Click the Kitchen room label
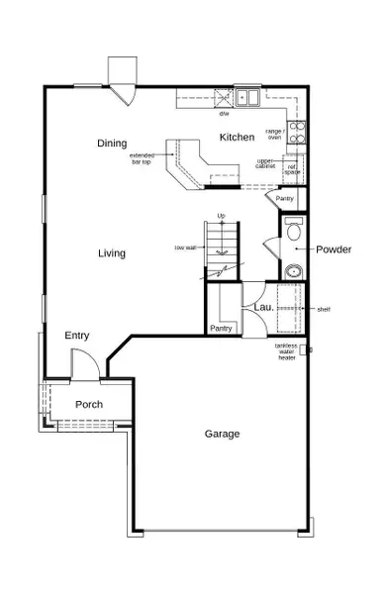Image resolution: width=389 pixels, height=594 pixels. (x=238, y=137)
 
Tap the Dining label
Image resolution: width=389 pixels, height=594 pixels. (x=112, y=144)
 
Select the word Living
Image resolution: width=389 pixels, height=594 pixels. (x=112, y=253)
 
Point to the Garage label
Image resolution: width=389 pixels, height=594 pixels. (x=223, y=433)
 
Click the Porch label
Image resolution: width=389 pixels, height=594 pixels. (x=90, y=404)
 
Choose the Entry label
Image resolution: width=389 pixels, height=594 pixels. (x=77, y=336)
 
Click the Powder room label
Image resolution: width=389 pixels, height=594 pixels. (x=334, y=249)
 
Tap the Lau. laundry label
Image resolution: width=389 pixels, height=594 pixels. (x=263, y=308)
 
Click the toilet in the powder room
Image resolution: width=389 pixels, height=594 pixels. (x=292, y=234)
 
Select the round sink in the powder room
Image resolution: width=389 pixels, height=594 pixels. (x=293, y=271)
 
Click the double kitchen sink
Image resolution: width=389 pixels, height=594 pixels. (x=246, y=97)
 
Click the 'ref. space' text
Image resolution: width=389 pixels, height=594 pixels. (x=292, y=169)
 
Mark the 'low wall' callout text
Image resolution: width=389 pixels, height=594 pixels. (x=185, y=247)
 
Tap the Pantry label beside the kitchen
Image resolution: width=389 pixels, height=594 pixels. (x=285, y=199)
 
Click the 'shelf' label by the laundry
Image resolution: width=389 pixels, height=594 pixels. (x=323, y=309)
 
